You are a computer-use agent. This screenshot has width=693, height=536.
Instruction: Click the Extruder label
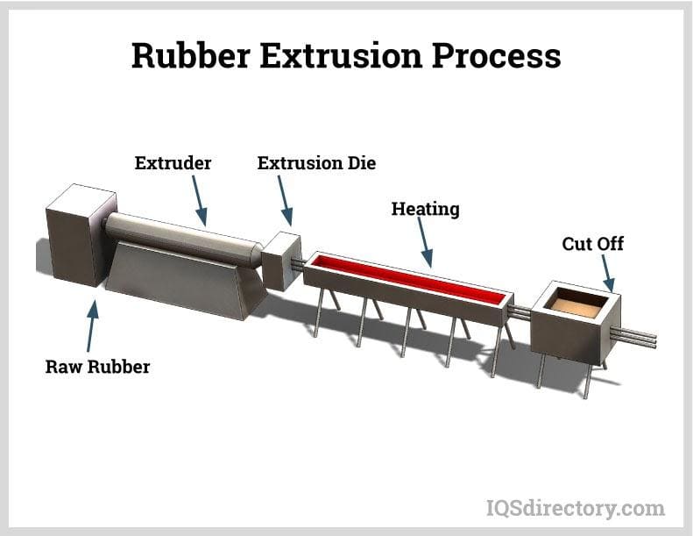[173, 163]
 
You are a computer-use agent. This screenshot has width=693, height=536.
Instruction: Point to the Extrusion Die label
[316, 163]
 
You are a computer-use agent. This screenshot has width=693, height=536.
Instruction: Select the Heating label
[425, 209]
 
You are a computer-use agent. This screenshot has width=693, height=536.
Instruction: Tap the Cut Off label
[593, 243]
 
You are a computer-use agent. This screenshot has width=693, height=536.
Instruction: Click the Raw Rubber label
[97, 366]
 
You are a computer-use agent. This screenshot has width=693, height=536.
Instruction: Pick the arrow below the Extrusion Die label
[285, 201]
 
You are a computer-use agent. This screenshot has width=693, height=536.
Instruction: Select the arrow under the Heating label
[424, 242]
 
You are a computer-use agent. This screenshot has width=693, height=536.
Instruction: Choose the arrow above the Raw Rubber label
[92, 325]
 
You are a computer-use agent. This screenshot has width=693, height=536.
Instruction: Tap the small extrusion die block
[281, 260]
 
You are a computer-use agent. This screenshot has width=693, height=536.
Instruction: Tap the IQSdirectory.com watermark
[575, 507]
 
